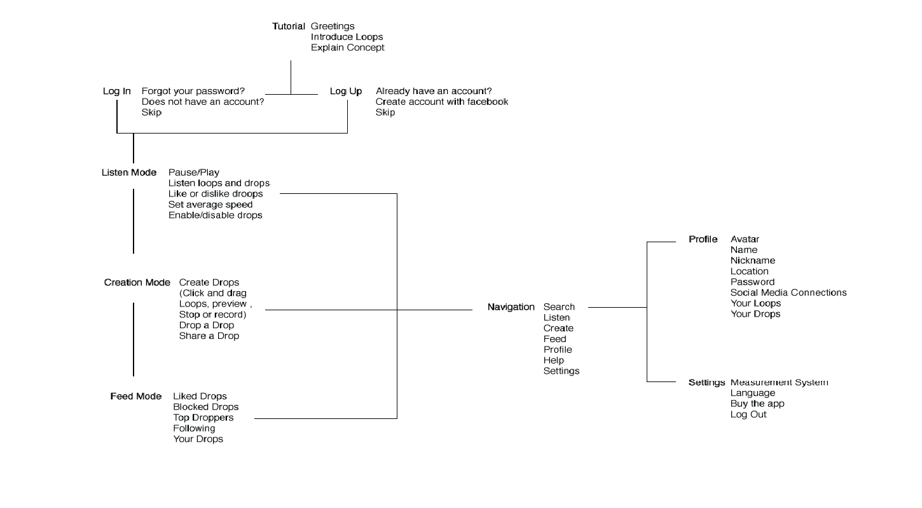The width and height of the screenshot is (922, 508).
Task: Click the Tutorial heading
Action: [289, 26]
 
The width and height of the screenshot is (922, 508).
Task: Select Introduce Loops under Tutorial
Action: [347, 37]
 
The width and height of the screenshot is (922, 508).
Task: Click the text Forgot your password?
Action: [193, 91]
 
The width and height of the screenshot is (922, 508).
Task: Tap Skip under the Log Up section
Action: [385, 113]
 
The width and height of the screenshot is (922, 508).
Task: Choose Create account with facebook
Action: [441, 102]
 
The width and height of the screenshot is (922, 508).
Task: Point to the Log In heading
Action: [117, 91]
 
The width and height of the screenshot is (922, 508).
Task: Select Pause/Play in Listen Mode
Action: [193, 172]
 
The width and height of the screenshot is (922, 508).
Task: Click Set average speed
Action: [210, 204]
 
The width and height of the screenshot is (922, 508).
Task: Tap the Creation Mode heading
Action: [137, 282]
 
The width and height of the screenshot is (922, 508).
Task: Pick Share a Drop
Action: [209, 336]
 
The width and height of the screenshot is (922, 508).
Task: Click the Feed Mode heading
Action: [135, 396]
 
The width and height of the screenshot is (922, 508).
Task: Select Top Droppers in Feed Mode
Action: [203, 418]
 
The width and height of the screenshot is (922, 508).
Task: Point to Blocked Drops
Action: [205, 407]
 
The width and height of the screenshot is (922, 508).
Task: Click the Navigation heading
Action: [511, 306]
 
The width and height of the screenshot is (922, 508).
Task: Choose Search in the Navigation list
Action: [558, 307]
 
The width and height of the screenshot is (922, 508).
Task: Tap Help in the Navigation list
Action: [553, 360]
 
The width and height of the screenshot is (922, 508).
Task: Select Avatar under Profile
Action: [745, 239]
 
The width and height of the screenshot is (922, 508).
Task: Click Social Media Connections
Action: [788, 292]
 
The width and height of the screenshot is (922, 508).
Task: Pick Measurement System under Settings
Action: [779, 382]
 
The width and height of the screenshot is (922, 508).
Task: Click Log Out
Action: [748, 415]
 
